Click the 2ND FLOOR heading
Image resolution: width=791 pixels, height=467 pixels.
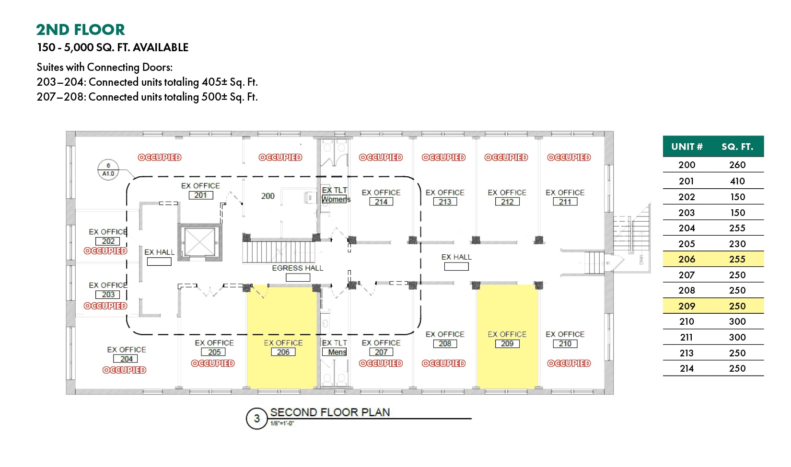click(x=81, y=30)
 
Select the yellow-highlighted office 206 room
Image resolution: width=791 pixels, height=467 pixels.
click(x=282, y=337)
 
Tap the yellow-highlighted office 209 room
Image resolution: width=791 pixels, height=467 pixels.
click(x=508, y=337)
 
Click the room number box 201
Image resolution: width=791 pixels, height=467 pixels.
click(x=200, y=195)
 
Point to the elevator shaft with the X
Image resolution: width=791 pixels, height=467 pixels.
click(x=200, y=242)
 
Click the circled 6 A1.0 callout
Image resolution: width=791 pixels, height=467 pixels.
click(x=108, y=170)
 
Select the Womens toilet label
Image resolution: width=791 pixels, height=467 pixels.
click(x=336, y=199)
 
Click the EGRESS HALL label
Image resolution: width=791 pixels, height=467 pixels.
click(x=297, y=268)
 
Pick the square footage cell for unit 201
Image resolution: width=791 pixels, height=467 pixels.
click(x=737, y=181)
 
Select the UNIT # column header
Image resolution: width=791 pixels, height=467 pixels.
click(x=687, y=147)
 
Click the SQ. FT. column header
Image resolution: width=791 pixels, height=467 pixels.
click(x=737, y=147)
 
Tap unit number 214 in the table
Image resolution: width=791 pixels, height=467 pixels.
click(x=687, y=369)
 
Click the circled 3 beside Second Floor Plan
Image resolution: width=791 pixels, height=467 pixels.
click(x=257, y=418)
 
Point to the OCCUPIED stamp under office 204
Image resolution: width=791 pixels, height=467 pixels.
click(x=124, y=370)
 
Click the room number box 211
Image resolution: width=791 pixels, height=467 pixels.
click(x=565, y=202)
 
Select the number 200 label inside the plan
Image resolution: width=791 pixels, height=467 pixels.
click(x=268, y=196)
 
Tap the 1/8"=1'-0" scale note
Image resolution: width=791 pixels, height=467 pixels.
click(x=282, y=423)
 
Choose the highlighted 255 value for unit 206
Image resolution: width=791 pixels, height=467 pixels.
click(x=737, y=259)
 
